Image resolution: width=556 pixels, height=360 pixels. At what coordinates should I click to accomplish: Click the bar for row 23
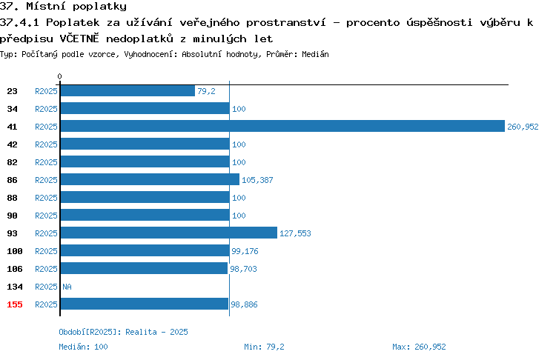[x=128, y=90]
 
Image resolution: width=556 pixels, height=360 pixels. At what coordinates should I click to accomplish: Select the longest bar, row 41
[x=282, y=126]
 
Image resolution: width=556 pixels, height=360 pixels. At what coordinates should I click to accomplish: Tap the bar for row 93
[x=169, y=233]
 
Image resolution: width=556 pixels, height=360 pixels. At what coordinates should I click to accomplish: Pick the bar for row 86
[x=150, y=180]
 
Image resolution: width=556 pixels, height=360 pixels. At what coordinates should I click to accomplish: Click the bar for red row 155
[x=145, y=304]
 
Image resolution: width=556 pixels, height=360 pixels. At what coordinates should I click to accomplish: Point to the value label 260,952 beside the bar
[x=523, y=127]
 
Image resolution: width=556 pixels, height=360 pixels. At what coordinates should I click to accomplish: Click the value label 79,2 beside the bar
[x=206, y=91]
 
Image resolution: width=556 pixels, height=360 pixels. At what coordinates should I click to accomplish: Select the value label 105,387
[x=257, y=180]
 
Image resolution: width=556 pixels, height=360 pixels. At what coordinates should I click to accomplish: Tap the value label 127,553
[x=295, y=233]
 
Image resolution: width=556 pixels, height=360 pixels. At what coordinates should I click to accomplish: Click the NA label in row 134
[x=67, y=287]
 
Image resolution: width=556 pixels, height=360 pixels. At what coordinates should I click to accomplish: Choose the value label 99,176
[x=245, y=251]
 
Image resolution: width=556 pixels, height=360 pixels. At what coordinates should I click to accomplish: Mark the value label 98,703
[x=243, y=269]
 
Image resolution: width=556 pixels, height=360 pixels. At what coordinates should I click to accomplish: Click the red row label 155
[x=15, y=304]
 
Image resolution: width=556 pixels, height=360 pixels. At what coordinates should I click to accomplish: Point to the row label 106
[x=15, y=269]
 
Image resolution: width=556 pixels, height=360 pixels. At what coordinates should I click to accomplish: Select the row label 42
[x=12, y=144]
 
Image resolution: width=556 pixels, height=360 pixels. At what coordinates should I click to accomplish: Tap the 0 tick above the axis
[x=59, y=76]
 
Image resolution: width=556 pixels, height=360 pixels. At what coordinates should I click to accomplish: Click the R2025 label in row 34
[x=46, y=109]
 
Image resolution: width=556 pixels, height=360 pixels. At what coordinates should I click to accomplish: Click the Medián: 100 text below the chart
[x=83, y=347]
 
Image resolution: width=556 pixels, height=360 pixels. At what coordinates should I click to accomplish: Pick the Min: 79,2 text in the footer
[x=264, y=347]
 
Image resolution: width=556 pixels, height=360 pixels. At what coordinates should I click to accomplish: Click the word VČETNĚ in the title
[x=79, y=38]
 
